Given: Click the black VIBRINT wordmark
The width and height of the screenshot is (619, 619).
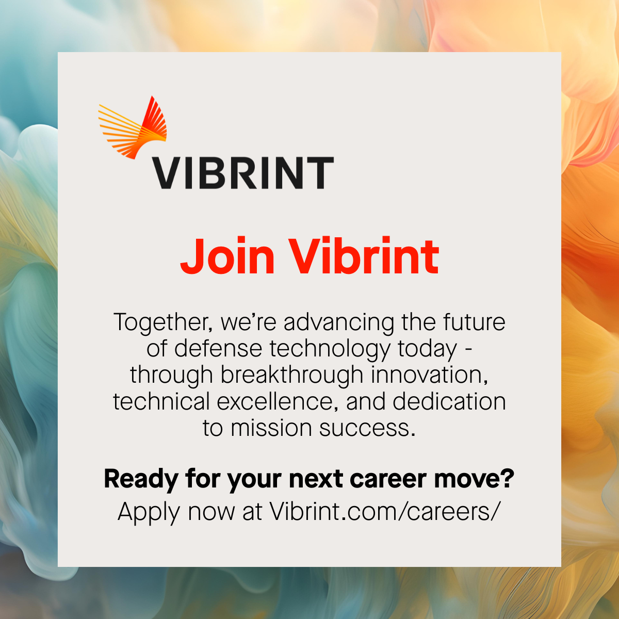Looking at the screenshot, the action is click(243, 173).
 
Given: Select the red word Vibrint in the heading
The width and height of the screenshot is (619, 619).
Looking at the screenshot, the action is click(363, 256).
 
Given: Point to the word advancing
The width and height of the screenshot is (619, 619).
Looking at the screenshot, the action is click(338, 323).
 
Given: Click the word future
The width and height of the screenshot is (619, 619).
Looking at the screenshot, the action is click(475, 322).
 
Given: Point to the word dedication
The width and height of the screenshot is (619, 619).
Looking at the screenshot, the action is click(449, 401).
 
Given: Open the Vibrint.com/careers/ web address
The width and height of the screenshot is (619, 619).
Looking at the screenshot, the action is click(385, 511).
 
